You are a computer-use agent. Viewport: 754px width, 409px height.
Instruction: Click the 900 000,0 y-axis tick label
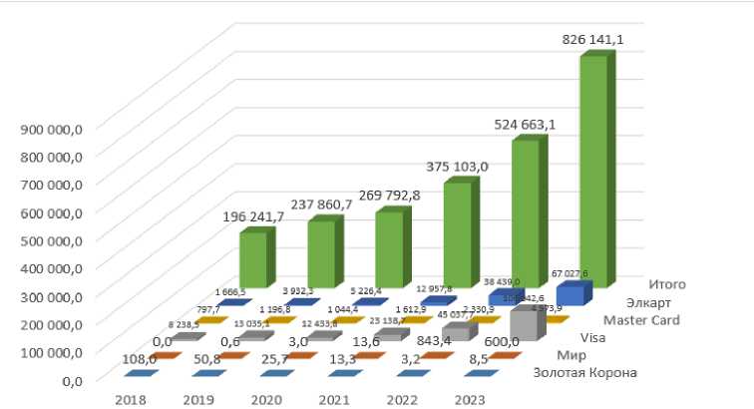click(x=63, y=128)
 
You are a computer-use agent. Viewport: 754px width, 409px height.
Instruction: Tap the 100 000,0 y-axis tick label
click(x=63, y=352)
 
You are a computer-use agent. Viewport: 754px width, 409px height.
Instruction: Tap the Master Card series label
click(x=642, y=321)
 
